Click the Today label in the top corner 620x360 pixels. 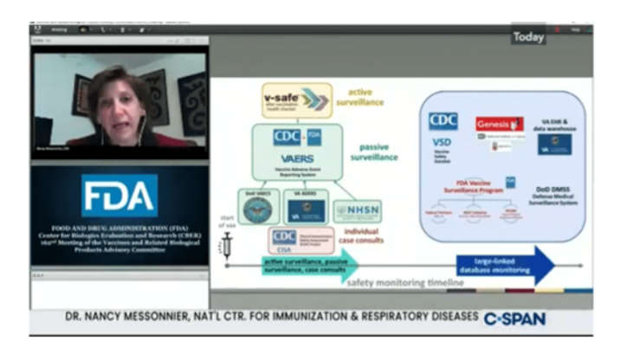tap(527, 37)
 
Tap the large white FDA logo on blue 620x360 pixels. tap(119, 196)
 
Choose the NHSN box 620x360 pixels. tap(356, 210)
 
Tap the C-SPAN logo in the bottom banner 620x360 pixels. tap(514, 318)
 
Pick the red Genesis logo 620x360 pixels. tap(499, 124)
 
